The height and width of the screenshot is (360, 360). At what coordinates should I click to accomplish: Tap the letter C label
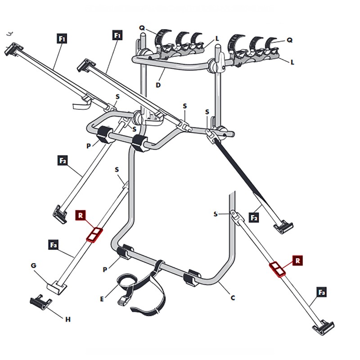[233, 297]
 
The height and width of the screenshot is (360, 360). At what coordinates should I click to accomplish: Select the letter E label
[103, 298]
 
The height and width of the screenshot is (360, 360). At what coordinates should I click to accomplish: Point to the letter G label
[33, 266]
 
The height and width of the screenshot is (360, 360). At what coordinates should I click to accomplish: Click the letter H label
[68, 319]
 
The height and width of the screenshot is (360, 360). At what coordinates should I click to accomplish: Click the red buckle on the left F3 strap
[94, 234]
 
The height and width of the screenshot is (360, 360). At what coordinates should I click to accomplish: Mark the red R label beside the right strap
[298, 260]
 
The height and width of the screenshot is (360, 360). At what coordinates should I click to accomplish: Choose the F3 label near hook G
[54, 245]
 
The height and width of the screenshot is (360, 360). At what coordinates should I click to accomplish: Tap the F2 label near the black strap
[255, 217]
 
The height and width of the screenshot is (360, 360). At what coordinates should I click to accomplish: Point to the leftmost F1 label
[63, 39]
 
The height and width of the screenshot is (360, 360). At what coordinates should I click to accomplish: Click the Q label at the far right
[290, 40]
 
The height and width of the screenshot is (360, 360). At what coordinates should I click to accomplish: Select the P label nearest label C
[105, 269]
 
